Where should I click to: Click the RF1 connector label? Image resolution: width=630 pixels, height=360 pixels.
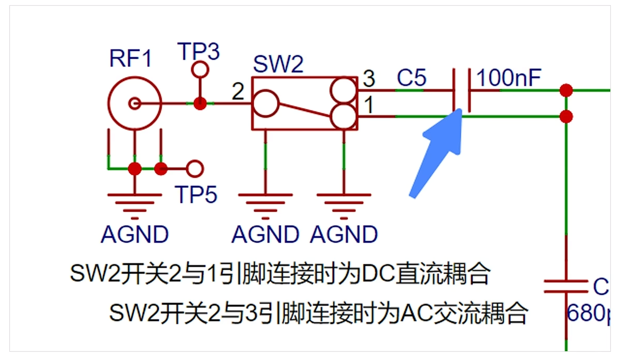pyautogui.click(x=131, y=59)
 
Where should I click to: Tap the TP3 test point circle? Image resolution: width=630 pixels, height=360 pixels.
pyautogui.click(x=200, y=68)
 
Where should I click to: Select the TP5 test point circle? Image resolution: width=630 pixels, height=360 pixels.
pyautogui.click(x=195, y=169)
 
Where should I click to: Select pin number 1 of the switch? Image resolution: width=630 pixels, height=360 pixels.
pyautogui.click(x=368, y=106)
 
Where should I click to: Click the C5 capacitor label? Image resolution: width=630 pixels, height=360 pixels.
pyautogui.click(x=412, y=78)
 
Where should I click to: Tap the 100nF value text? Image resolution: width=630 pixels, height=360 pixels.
pyautogui.click(x=509, y=78)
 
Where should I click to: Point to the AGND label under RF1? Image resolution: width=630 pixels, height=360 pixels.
pyautogui.click(x=135, y=234)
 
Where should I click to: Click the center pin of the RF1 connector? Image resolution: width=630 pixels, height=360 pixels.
pyautogui.click(x=135, y=103)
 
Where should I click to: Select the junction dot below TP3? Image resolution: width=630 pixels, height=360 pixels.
pyautogui.click(x=200, y=103)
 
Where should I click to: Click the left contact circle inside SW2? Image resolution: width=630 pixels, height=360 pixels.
pyautogui.click(x=266, y=103)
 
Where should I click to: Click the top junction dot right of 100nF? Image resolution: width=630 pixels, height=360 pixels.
pyautogui.click(x=566, y=90)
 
